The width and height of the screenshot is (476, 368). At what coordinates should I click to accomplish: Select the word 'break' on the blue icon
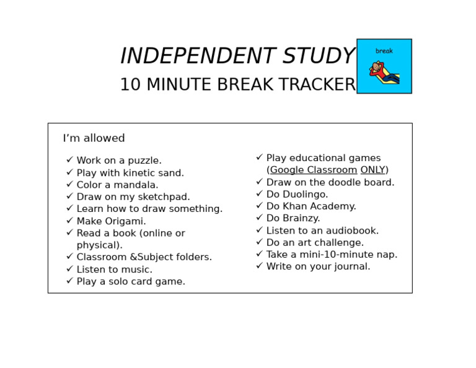pos(384,51)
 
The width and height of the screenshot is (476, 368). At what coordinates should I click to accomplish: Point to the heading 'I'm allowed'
pos(94,138)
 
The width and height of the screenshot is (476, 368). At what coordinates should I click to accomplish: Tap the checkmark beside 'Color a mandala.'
pos(69,185)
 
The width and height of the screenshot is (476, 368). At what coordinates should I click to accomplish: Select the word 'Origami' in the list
pos(125,221)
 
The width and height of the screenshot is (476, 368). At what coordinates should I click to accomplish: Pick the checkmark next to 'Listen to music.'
pos(69,269)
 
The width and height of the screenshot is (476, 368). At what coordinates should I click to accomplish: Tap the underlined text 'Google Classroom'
pos(314,170)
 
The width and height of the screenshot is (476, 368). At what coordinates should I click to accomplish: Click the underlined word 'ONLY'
pos(372,170)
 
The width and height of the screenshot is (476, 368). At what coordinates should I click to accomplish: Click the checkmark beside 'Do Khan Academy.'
pos(259,206)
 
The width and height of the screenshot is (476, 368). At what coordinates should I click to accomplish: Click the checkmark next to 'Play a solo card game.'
pos(69,281)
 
